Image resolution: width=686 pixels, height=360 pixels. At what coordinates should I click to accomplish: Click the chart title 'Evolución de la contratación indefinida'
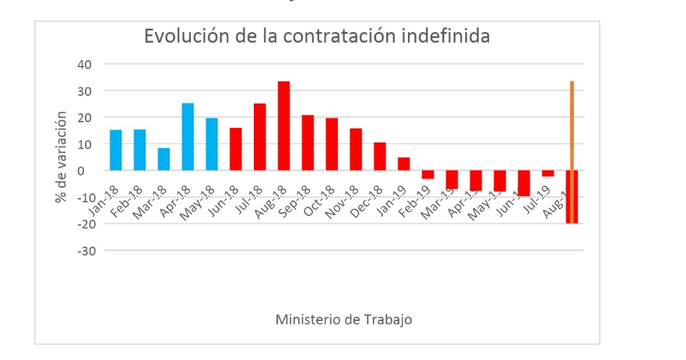tap(316, 37)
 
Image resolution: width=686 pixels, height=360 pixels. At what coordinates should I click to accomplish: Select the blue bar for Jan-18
tap(115, 150)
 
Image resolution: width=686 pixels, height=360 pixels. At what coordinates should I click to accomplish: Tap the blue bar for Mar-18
tap(164, 159)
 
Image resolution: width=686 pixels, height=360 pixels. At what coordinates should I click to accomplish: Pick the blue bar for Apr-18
tap(188, 136)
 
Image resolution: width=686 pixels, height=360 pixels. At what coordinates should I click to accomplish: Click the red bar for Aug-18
tap(284, 125)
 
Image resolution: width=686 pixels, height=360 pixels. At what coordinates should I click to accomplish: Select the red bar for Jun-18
tap(235, 149)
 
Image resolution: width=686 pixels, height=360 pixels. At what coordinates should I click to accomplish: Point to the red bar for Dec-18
tap(380, 156)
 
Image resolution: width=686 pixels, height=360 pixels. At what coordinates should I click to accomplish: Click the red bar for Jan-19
tap(403, 164)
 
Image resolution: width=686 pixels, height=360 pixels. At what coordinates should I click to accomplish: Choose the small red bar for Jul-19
tap(548, 173)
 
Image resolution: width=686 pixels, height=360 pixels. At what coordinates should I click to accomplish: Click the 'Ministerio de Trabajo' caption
tap(343, 319)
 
